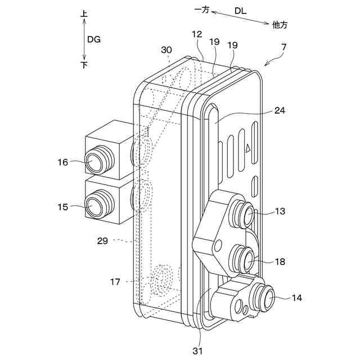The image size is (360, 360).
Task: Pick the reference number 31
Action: coord(197,352)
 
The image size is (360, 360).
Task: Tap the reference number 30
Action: coord(166,49)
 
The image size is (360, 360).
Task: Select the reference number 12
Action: coord(196,34)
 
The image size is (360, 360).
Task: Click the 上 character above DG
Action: coord(84,12)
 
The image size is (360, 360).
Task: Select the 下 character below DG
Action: coord(84,65)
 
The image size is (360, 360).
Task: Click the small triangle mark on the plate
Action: coord(247,148)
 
